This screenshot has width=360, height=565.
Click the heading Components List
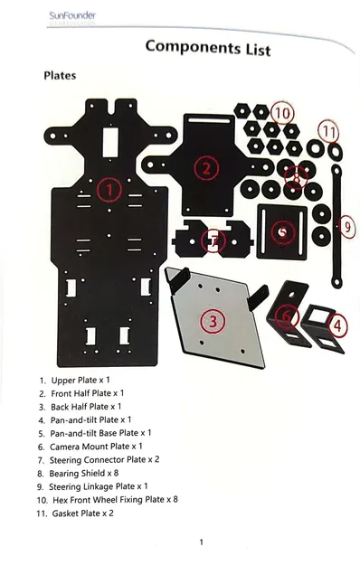(207, 47)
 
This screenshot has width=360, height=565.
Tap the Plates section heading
(60, 76)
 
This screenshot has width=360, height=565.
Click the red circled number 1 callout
(109, 190)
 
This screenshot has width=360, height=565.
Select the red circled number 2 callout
(206, 167)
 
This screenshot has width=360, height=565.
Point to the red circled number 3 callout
(213, 320)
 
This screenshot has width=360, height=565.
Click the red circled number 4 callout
(336, 324)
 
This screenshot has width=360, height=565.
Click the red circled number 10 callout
(282, 113)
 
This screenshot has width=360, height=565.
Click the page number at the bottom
(200, 542)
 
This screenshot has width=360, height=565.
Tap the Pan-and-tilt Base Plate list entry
(100, 433)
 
